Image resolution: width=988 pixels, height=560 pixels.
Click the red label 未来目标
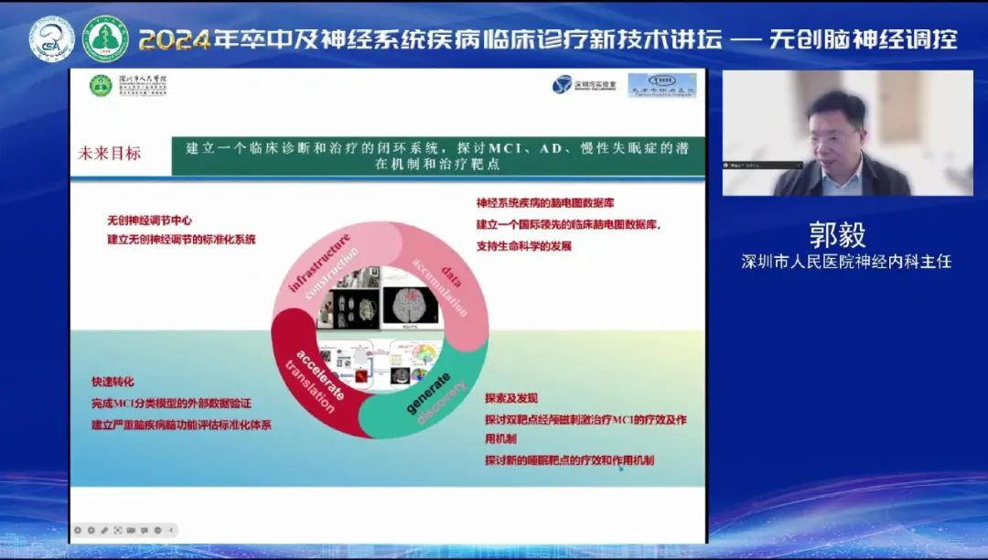pyautogui.click(x=110, y=154)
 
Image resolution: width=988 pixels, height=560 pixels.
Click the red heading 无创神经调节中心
pyautogui.click(x=149, y=221)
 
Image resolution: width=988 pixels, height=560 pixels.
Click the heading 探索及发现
pyautogui.click(x=511, y=398)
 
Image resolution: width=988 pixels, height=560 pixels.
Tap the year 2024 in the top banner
pyautogui.click(x=174, y=39)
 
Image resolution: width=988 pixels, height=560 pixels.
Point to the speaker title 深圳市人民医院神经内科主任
pyautogui.click(x=846, y=263)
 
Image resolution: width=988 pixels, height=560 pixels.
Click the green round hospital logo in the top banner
pyautogui.click(x=105, y=39)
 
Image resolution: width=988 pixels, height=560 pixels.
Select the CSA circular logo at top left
pyautogui.click(x=51, y=39)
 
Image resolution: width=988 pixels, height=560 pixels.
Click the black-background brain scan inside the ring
pyautogui.click(x=410, y=307)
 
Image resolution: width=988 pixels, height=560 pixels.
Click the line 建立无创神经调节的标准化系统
pyautogui.click(x=181, y=240)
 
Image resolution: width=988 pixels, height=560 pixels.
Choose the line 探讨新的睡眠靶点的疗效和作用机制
pyautogui.click(x=569, y=460)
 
